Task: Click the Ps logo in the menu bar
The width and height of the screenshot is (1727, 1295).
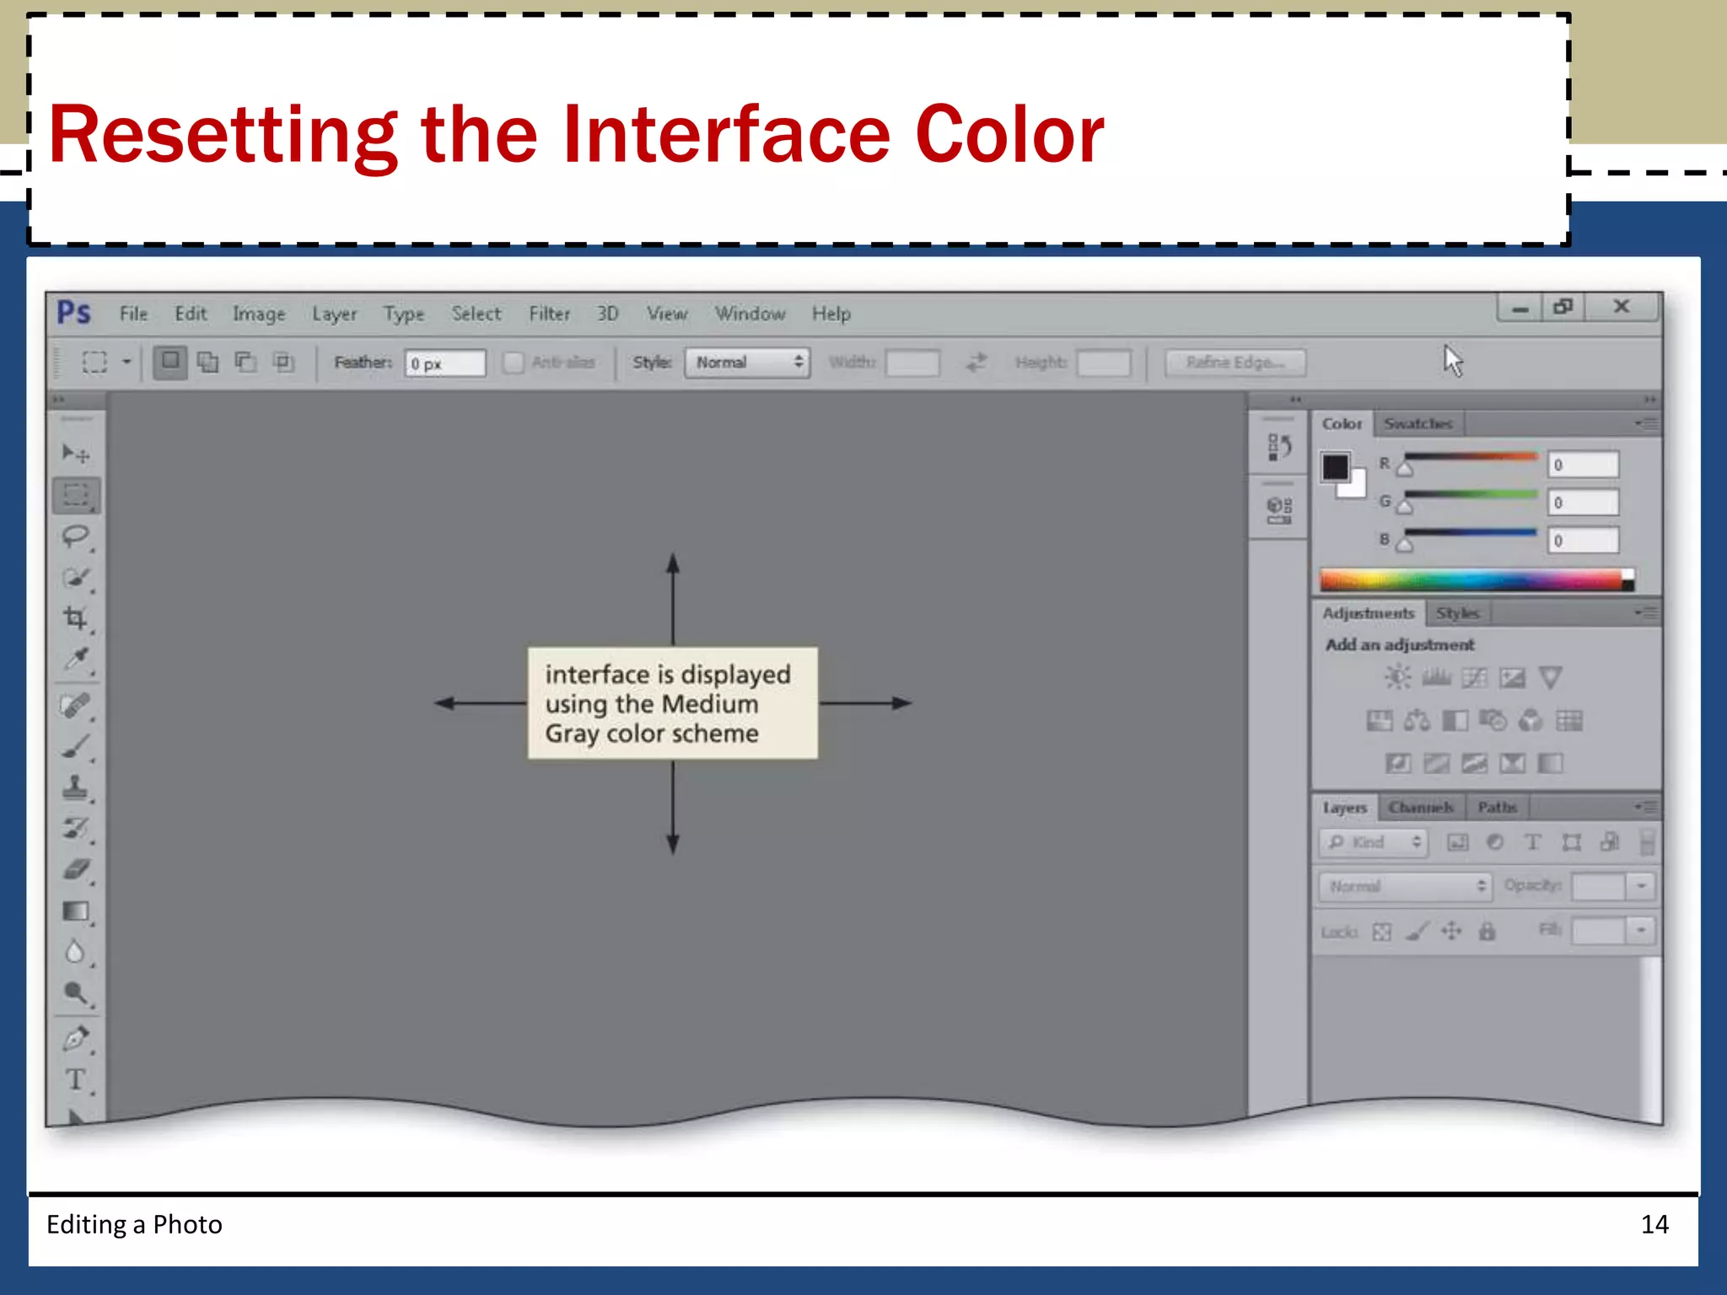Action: [73, 313]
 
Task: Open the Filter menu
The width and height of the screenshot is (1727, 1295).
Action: [549, 314]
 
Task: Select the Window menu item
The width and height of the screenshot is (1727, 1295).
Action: [750, 314]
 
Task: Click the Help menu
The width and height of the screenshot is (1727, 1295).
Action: [831, 314]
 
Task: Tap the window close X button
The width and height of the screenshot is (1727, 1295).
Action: [1621, 307]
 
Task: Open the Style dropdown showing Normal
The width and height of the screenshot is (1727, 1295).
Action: [747, 363]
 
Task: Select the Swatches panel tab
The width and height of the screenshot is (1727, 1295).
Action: [1418, 423]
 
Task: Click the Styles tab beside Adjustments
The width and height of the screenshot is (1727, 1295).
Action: [1457, 613]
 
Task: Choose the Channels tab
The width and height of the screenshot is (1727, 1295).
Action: [1421, 808]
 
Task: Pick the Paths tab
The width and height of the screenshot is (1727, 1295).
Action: [1497, 808]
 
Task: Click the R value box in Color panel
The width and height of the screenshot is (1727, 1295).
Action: [1583, 465]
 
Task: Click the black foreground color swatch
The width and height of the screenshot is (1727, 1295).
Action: [1335, 466]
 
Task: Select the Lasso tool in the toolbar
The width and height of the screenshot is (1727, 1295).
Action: [76, 536]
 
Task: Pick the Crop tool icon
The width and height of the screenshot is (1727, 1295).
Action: [76, 618]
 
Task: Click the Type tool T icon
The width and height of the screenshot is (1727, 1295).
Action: [76, 1079]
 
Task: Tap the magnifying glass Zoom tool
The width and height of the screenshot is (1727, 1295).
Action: [76, 993]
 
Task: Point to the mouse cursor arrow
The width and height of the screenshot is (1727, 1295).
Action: [1452, 360]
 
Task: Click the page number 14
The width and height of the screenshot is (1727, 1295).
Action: [1654, 1224]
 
